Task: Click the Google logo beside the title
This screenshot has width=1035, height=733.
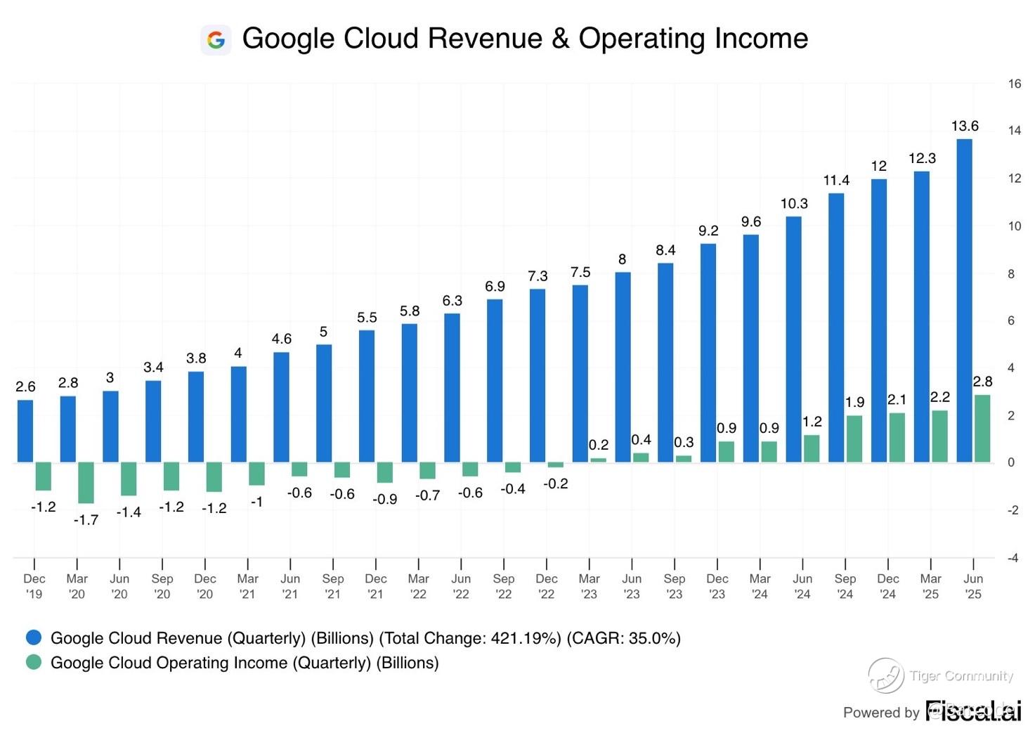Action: point(216,40)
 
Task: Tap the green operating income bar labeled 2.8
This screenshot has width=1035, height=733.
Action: point(982,428)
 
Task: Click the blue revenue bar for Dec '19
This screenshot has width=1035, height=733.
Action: point(25,431)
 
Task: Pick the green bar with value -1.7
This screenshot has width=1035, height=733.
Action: point(86,482)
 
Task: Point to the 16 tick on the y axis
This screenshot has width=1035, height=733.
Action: point(1014,84)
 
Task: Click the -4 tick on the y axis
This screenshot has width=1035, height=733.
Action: point(1013,558)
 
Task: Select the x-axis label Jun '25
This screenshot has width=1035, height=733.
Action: point(973,586)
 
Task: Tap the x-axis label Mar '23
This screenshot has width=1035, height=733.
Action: point(589,586)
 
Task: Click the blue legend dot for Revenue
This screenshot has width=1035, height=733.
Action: point(34,637)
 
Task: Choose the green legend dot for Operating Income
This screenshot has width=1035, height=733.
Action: point(34,662)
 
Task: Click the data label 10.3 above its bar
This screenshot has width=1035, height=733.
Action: point(794,204)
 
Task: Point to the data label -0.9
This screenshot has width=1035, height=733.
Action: point(385,499)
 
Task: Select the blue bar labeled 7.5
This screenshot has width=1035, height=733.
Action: point(580,373)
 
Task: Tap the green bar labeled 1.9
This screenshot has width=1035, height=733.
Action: point(854,439)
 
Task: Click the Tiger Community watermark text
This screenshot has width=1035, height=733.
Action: point(961,676)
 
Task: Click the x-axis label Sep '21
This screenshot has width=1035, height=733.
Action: point(333,586)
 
